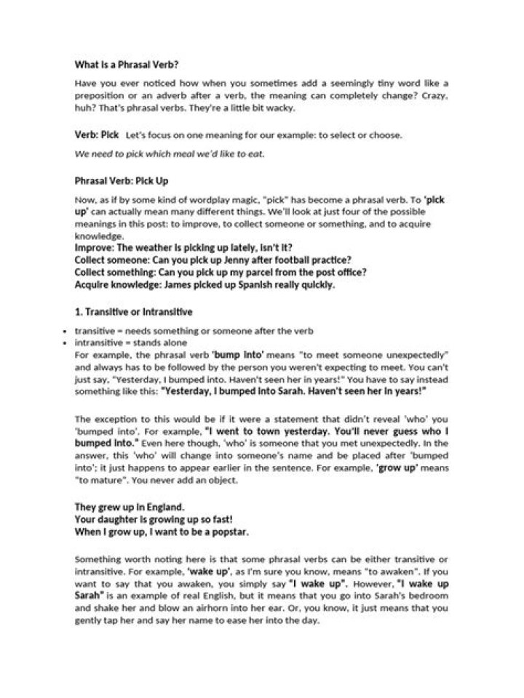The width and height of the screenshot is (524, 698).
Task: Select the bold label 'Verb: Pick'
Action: (96, 135)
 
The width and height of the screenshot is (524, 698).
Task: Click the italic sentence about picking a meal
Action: (170, 153)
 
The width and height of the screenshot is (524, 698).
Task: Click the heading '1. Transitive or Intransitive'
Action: (134, 313)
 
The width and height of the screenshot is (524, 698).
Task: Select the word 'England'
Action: (164, 506)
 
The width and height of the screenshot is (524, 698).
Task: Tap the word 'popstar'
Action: (228, 532)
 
